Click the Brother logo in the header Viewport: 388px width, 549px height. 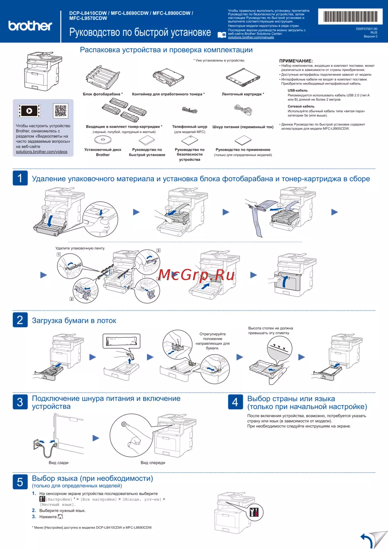30,26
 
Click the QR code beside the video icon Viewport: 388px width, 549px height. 61,111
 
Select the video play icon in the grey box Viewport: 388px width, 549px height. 29,111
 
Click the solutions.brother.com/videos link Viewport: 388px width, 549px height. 42,152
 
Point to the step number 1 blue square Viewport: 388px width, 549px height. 20,178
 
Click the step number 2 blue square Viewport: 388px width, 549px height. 20,320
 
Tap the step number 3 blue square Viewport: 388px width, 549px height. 20,402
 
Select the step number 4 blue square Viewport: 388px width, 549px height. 235,402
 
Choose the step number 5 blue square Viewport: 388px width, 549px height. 20,482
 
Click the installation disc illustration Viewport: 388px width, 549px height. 103,140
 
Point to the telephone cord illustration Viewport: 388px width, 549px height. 190,111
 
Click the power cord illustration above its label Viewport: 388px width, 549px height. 243,110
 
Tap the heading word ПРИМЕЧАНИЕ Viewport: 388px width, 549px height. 296,61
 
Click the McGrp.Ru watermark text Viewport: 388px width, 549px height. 196,275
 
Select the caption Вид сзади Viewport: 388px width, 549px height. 59,462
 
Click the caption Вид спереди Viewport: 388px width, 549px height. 153,462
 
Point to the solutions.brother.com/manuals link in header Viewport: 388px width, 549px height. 251,37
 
